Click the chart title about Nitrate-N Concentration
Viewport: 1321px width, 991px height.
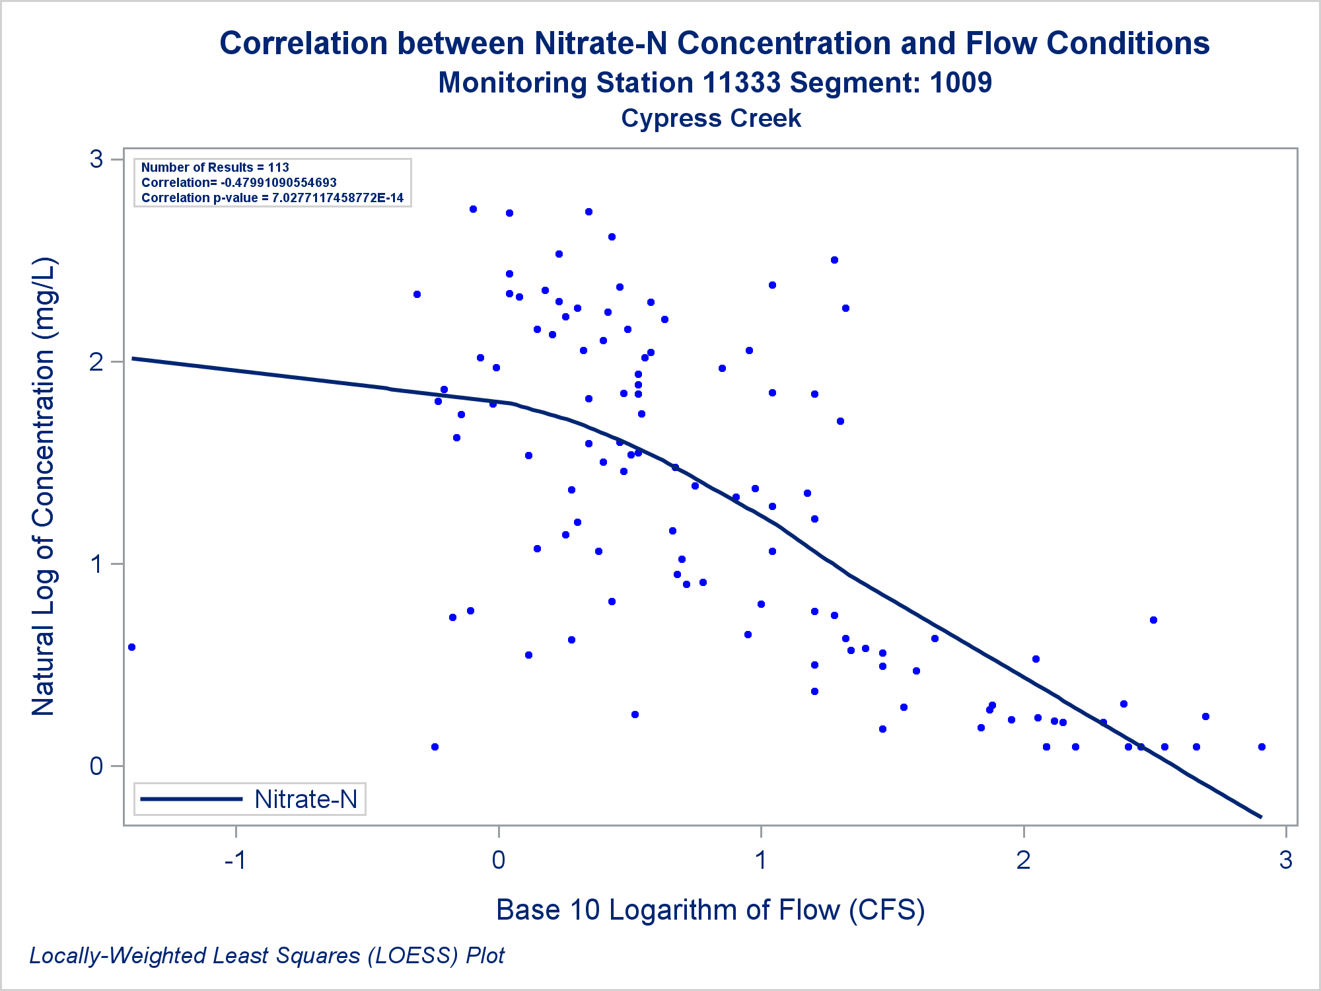pos(714,44)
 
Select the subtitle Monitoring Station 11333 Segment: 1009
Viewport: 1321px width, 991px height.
pos(714,83)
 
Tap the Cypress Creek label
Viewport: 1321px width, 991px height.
pos(711,119)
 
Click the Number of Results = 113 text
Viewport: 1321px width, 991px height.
pos(215,168)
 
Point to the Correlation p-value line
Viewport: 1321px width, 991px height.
pos(272,198)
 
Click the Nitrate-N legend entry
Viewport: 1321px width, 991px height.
pos(305,799)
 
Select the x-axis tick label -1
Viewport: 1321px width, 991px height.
pos(235,860)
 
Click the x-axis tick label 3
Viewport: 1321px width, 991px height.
pos(1285,860)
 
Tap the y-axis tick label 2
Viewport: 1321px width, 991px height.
pos(97,362)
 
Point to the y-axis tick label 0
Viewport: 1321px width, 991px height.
pos(97,766)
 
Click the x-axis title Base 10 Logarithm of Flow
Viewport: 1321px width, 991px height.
pos(710,910)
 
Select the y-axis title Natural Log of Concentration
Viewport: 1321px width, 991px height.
pos(44,486)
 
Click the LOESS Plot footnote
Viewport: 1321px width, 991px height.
pos(267,956)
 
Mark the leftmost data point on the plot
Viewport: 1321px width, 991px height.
pos(131,647)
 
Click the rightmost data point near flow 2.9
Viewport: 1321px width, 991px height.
pos(1262,747)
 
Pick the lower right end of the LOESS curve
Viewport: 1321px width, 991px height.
pos(1260,817)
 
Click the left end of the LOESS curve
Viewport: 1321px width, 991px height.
pos(134,359)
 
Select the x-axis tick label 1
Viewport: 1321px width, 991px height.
pos(761,860)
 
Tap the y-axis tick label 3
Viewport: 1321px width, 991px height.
pos(97,159)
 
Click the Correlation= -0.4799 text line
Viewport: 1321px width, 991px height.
pos(238,183)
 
